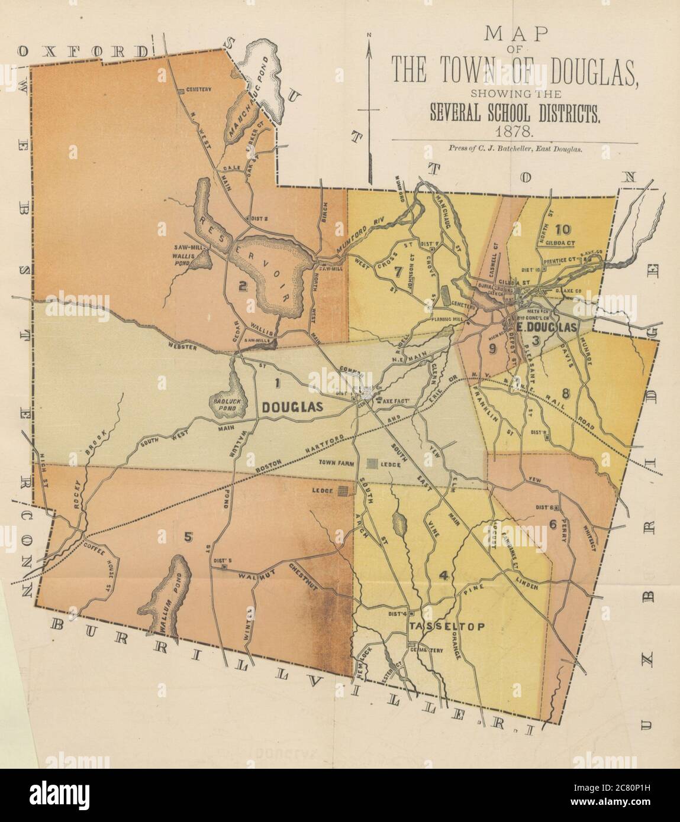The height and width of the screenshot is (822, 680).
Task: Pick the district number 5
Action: (x=188, y=537)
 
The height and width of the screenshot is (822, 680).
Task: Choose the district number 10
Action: (x=563, y=229)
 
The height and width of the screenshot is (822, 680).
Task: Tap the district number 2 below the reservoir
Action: (x=241, y=286)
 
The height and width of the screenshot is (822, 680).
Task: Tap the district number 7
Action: (x=398, y=273)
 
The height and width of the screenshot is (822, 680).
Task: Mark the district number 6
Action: (x=553, y=522)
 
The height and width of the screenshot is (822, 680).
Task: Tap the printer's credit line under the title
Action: (x=515, y=150)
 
